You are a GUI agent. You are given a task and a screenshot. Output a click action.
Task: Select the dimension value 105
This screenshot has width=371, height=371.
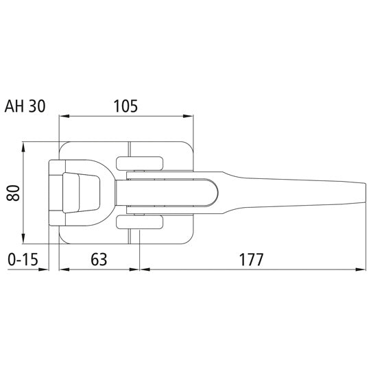tap(125, 106)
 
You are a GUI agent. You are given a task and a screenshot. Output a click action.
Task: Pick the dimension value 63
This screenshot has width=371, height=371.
tap(99, 260)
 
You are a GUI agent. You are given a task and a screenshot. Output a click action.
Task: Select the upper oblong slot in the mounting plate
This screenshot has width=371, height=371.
tap(140, 163)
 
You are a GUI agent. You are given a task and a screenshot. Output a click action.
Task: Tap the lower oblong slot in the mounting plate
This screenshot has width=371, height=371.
tap(140, 222)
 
